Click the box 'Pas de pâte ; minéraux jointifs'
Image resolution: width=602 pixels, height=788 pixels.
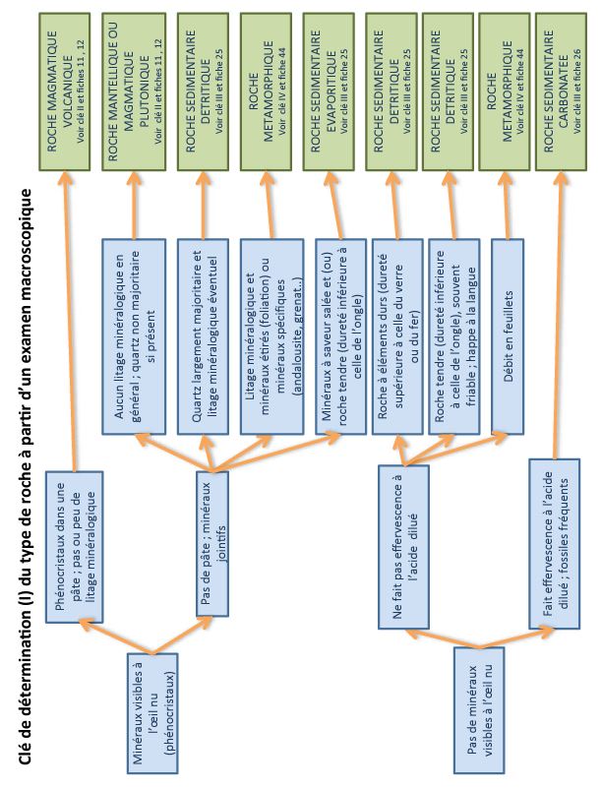tap(213, 545)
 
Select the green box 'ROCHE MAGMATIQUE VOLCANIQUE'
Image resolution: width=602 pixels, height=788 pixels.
tap(67, 89)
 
